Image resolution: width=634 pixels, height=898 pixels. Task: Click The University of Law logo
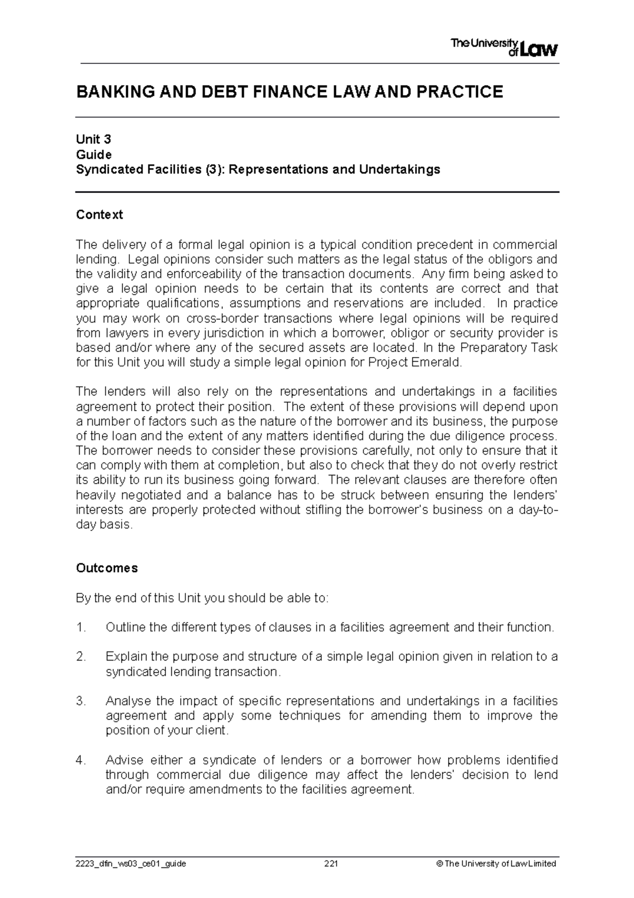click(x=504, y=48)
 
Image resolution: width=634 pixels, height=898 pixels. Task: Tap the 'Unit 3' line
click(x=94, y=140)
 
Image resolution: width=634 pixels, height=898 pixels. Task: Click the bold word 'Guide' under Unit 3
click(x=94, y=154)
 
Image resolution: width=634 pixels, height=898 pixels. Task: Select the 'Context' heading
click(x=99, y=214)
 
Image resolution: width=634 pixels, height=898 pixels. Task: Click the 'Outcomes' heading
click(x=107, y=568)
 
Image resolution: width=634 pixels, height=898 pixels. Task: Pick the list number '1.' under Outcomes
click(x=80, y=627)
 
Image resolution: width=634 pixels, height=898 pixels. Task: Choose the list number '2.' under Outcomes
click(x=80, y=657)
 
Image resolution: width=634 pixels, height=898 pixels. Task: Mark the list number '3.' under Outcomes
click(x=80, y=701)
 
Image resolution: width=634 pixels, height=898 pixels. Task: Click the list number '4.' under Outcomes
click(x=80, y=760)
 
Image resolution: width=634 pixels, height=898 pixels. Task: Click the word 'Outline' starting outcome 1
click(x=125, y=627)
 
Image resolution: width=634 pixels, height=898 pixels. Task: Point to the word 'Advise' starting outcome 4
click(x=124, y=760)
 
